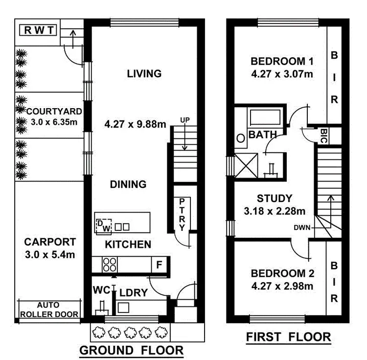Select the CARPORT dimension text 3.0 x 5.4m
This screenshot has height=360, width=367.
point(50,254)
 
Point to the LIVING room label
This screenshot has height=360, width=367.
point(144,74)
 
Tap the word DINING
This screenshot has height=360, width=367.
point(128,184)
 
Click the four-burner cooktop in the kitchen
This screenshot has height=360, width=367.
point(110,265)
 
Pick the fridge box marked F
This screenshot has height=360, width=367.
point(159,265)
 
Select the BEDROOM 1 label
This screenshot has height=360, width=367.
point(281,62)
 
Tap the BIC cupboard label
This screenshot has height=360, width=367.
point(323,135)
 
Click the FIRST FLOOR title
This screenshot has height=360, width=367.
point(288,337)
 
